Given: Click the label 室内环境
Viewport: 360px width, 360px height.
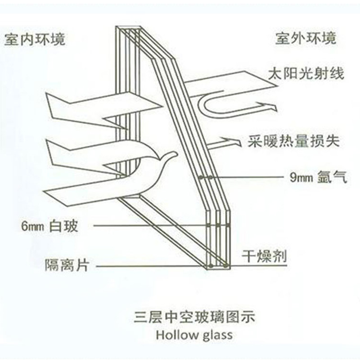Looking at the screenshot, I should tap(35, 39).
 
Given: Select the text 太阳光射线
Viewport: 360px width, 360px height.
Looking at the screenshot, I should tap(306, 73).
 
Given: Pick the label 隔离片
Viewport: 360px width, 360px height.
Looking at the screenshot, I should tap(66, 265).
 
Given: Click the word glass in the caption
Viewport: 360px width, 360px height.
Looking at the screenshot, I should tap(216, 336).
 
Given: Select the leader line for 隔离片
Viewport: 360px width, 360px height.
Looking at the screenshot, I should tap(148, 266).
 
